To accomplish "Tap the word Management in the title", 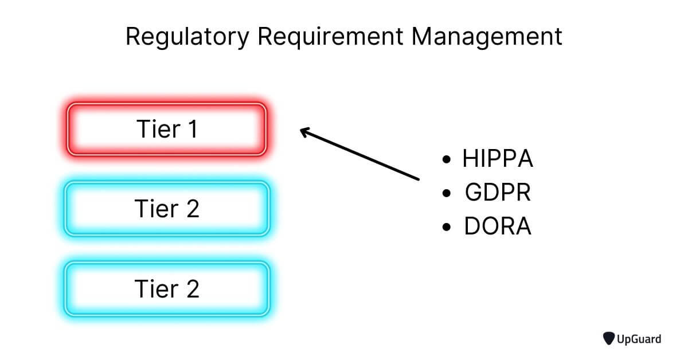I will [x=487, y=37].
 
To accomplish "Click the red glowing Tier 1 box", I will [x=167, y=128].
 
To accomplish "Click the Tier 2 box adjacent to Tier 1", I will [x=167, y=208].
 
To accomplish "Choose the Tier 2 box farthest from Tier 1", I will [x=167, y=288].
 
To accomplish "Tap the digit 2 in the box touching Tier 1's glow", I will [x=193, y=209].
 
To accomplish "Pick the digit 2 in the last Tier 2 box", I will [x=193, y=289].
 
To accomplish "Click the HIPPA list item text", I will [x=498, y=159].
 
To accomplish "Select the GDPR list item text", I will [x=498, y=193].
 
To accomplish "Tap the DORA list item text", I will [x=498, y=227].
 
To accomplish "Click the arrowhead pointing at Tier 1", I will [x=304, y=131].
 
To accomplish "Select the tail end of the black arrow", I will [x=418, y=179].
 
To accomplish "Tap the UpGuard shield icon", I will [x=609, y=339].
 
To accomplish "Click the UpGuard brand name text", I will [x=639, y=339].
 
